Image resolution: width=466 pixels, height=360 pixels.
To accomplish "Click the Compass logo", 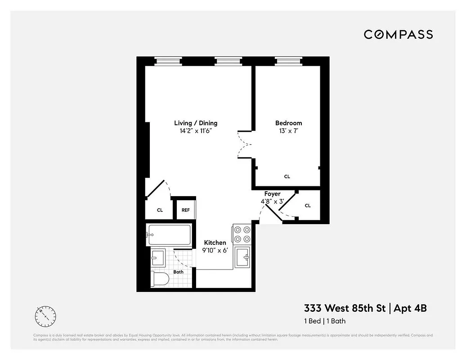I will (398, 35).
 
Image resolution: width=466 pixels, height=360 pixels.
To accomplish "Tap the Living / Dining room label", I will (196, 123).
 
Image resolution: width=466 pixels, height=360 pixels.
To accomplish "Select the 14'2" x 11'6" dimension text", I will (196, 131).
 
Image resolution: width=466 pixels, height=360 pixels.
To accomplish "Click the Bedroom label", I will (288, 123).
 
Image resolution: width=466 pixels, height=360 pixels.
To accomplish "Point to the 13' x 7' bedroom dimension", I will (288, 131).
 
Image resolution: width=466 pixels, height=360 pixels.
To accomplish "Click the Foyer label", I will (272, 194).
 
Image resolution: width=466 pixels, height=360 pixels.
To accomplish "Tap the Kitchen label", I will (215, 243).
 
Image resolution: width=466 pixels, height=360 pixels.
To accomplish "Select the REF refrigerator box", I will (186, 210).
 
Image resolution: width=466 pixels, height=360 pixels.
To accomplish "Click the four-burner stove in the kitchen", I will (242, 234).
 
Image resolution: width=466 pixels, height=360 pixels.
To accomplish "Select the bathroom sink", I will (158, 258).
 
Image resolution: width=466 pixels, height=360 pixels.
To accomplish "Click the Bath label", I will (179, 272).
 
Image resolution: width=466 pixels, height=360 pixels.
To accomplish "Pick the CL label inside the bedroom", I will (287, 176).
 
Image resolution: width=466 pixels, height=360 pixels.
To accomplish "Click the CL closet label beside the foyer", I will (308, 206).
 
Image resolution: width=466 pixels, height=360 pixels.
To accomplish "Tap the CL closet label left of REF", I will (160, 210).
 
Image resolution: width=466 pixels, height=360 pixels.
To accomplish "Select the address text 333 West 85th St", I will (346, 308).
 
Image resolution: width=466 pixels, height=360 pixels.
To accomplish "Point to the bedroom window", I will (288, 61).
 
